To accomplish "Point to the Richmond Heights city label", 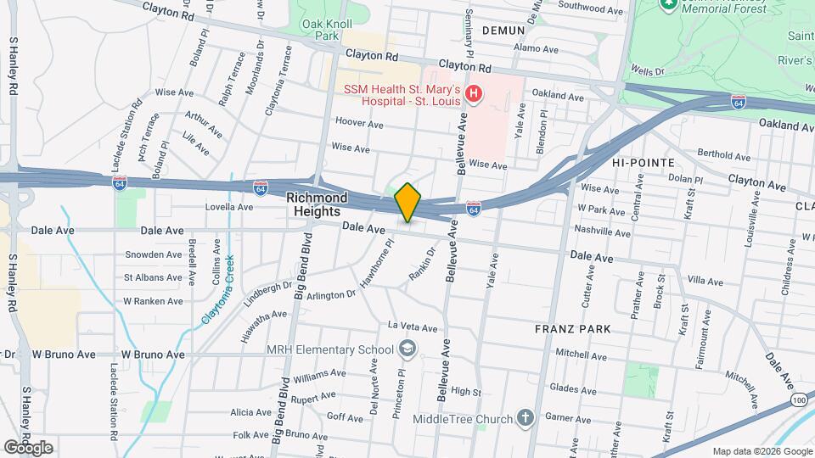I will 317,204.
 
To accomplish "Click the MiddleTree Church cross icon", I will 526,418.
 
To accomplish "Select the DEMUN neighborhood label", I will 504,30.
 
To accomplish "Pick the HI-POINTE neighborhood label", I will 643,162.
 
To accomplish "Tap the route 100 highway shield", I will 799,398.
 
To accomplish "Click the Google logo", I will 28,447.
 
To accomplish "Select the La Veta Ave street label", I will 413,327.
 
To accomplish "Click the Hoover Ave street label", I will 359,123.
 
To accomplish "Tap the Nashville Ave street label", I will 604,231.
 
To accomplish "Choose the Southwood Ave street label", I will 596,10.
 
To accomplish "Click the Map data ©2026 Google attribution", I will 761,451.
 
